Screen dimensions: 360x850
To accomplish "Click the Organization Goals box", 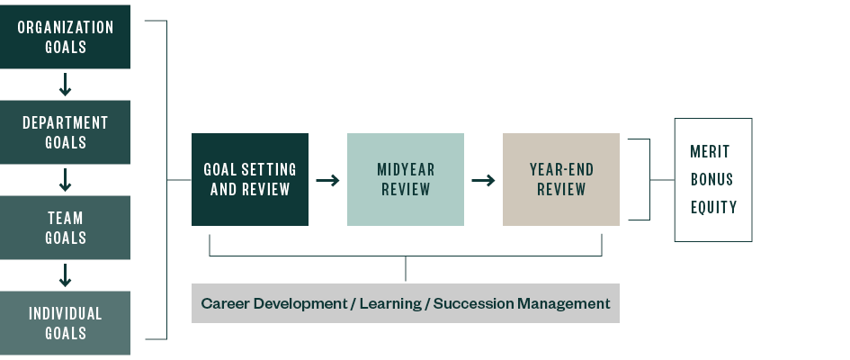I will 65,37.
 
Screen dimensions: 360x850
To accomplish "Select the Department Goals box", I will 65,132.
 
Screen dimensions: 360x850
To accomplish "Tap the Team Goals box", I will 65,228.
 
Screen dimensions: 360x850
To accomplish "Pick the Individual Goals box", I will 65,323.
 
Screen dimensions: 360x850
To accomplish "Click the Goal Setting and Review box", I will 250,179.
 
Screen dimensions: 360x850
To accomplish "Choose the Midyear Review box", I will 406,179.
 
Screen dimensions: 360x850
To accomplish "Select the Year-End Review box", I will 561,179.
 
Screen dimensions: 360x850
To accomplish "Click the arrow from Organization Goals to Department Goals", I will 65,85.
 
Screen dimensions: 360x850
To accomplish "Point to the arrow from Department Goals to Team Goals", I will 65,180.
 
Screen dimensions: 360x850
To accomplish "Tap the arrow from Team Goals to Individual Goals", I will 65,275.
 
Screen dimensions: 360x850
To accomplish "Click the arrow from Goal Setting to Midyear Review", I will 327,180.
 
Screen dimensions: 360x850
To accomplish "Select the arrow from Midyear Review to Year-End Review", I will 483,180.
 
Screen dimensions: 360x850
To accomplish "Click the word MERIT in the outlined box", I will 711,151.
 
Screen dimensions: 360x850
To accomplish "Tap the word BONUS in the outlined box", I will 711,179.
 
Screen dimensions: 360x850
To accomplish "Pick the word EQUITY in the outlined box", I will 713,207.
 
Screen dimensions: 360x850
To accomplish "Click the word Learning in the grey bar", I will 389,303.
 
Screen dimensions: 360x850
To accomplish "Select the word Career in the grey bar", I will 225,303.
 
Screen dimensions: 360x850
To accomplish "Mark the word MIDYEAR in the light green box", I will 406,169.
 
